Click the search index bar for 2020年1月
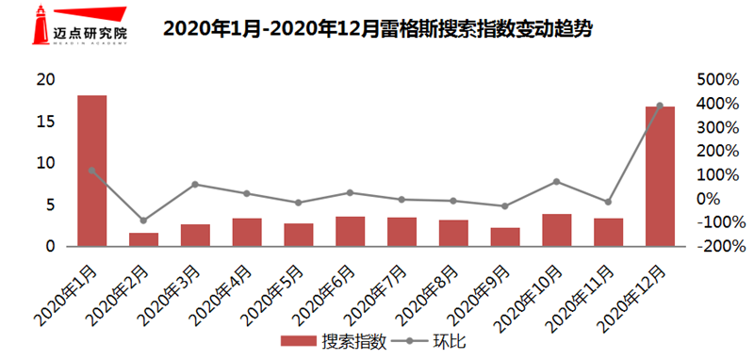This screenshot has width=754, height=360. tap(91, 171)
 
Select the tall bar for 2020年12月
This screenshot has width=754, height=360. tap(660, 176)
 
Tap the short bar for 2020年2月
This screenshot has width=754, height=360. tap(143, 239)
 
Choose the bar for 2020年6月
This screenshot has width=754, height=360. tap(350, 231)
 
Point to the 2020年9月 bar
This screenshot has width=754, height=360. tap(505, 237)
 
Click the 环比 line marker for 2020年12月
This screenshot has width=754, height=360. tap(660, 106)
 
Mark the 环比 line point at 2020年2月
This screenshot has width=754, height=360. tap(143, 221)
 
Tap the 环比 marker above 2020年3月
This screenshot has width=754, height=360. tap(195, 184)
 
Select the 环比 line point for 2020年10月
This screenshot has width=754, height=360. tap(556, 181)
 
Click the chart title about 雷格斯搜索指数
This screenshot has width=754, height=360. tap(377, 28)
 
